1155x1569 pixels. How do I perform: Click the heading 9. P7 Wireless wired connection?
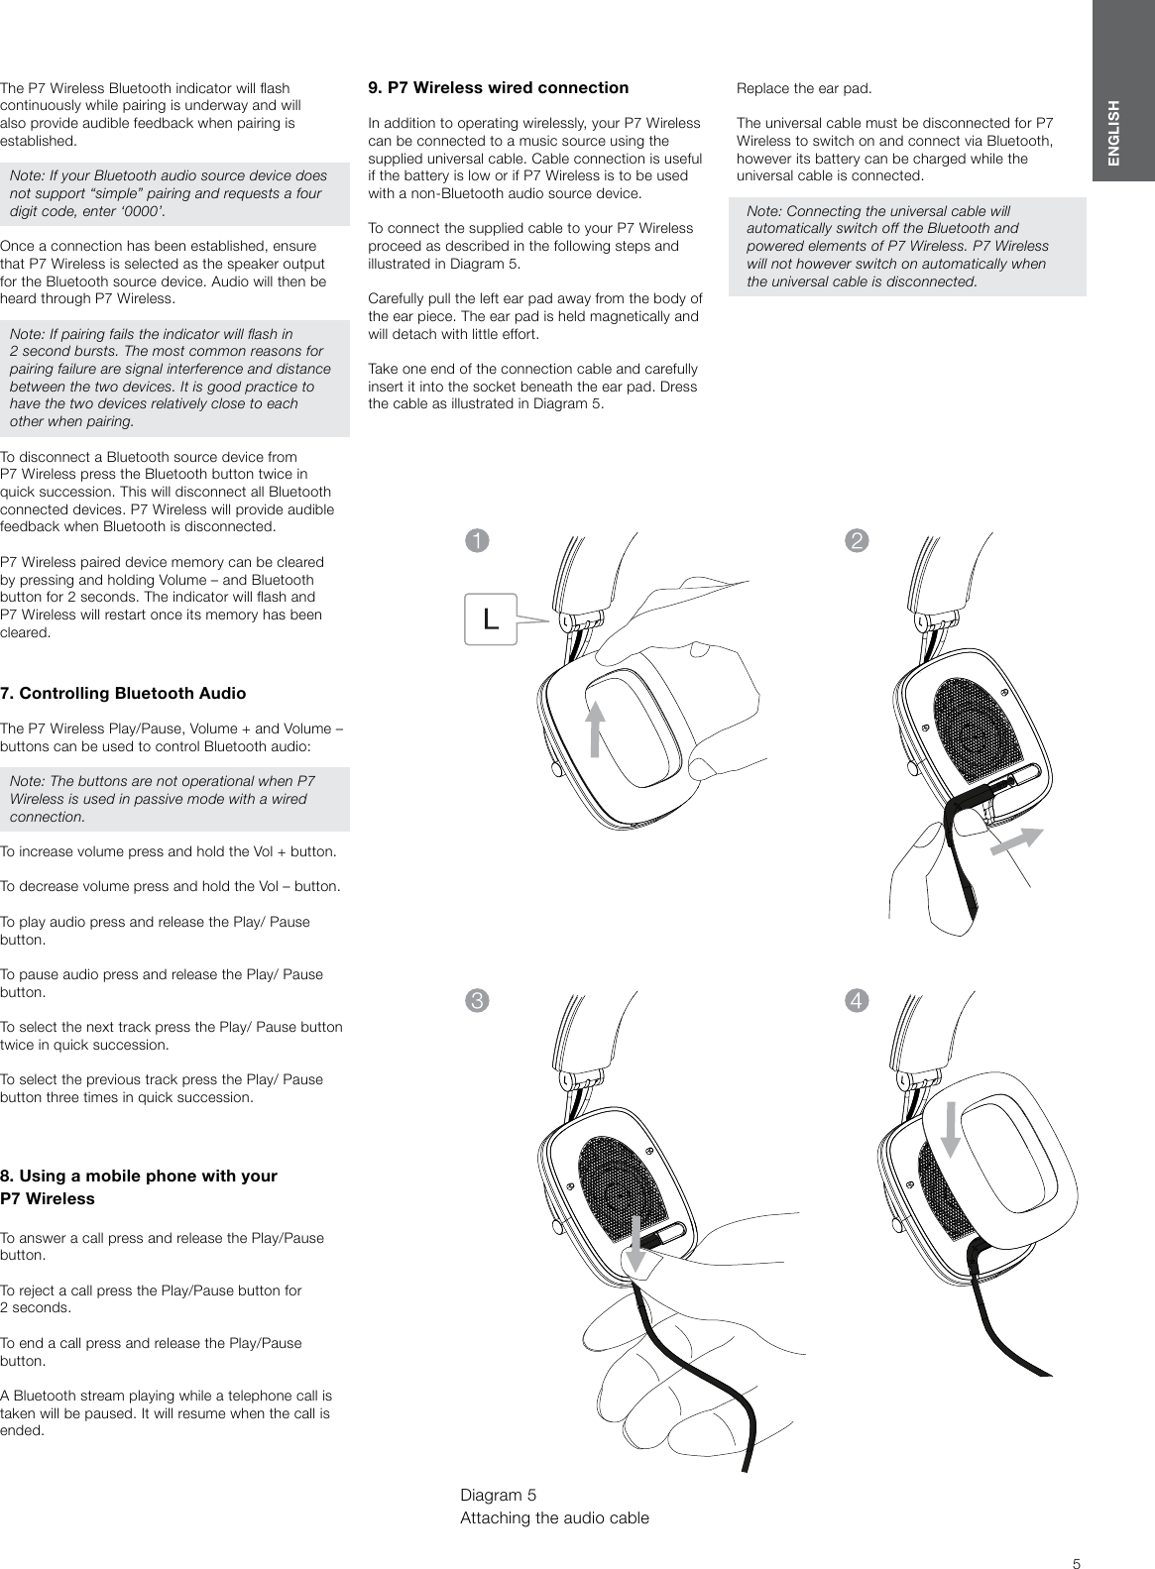pyautogui.click(x=498, y=87)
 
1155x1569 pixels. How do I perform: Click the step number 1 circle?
pyautogui.click(x=479, y=541)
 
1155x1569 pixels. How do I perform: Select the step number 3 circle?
pyautogui.click(x=479, y=1000)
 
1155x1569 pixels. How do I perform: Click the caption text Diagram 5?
pyautogui.click(x=499, y=1494)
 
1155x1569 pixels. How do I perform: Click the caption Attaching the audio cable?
pyautogui.click(x=555, y=1517)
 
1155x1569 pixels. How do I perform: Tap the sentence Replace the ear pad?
pyautogui.click(x=804, y=88)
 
